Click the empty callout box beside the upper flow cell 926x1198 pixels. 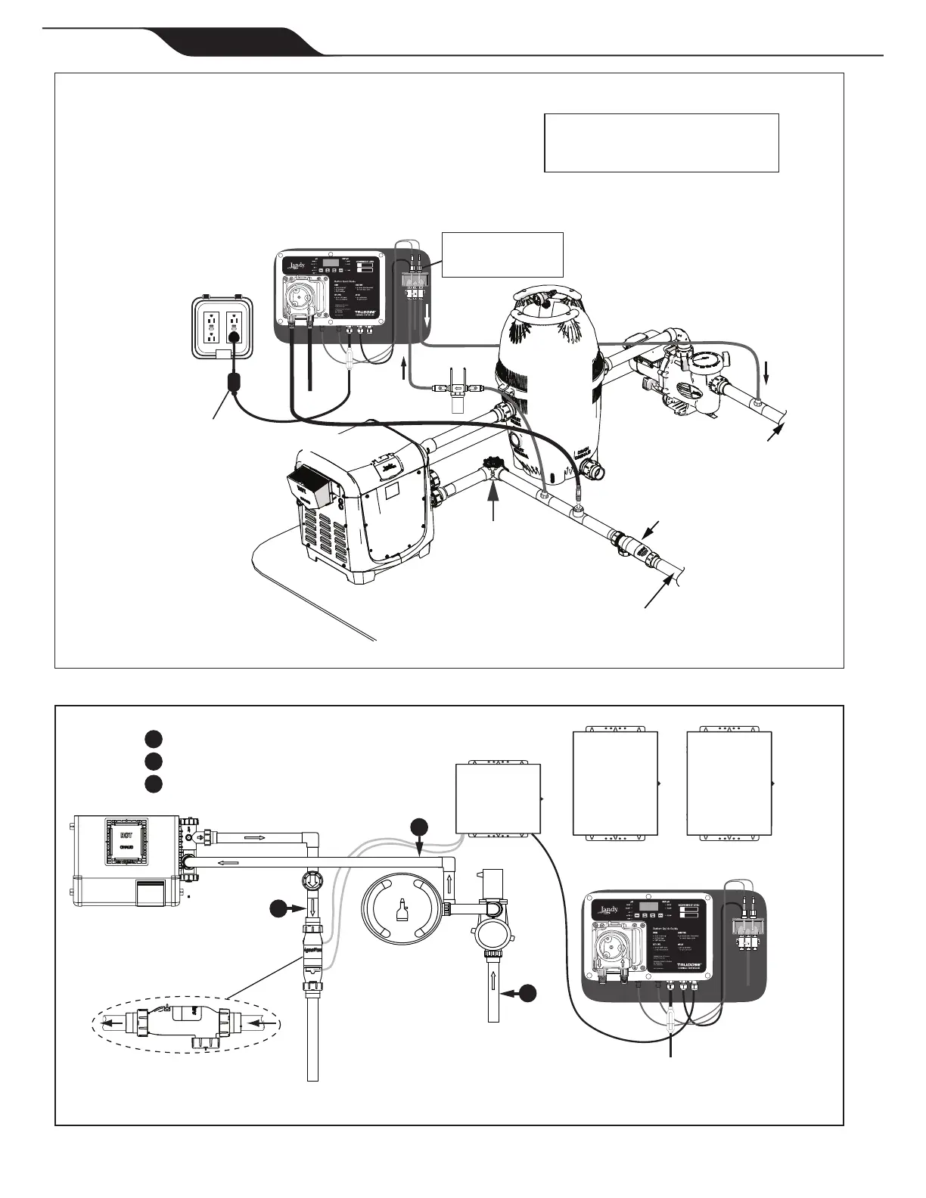502,255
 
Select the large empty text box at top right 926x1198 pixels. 661,143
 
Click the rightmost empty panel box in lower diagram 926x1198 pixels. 729,784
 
